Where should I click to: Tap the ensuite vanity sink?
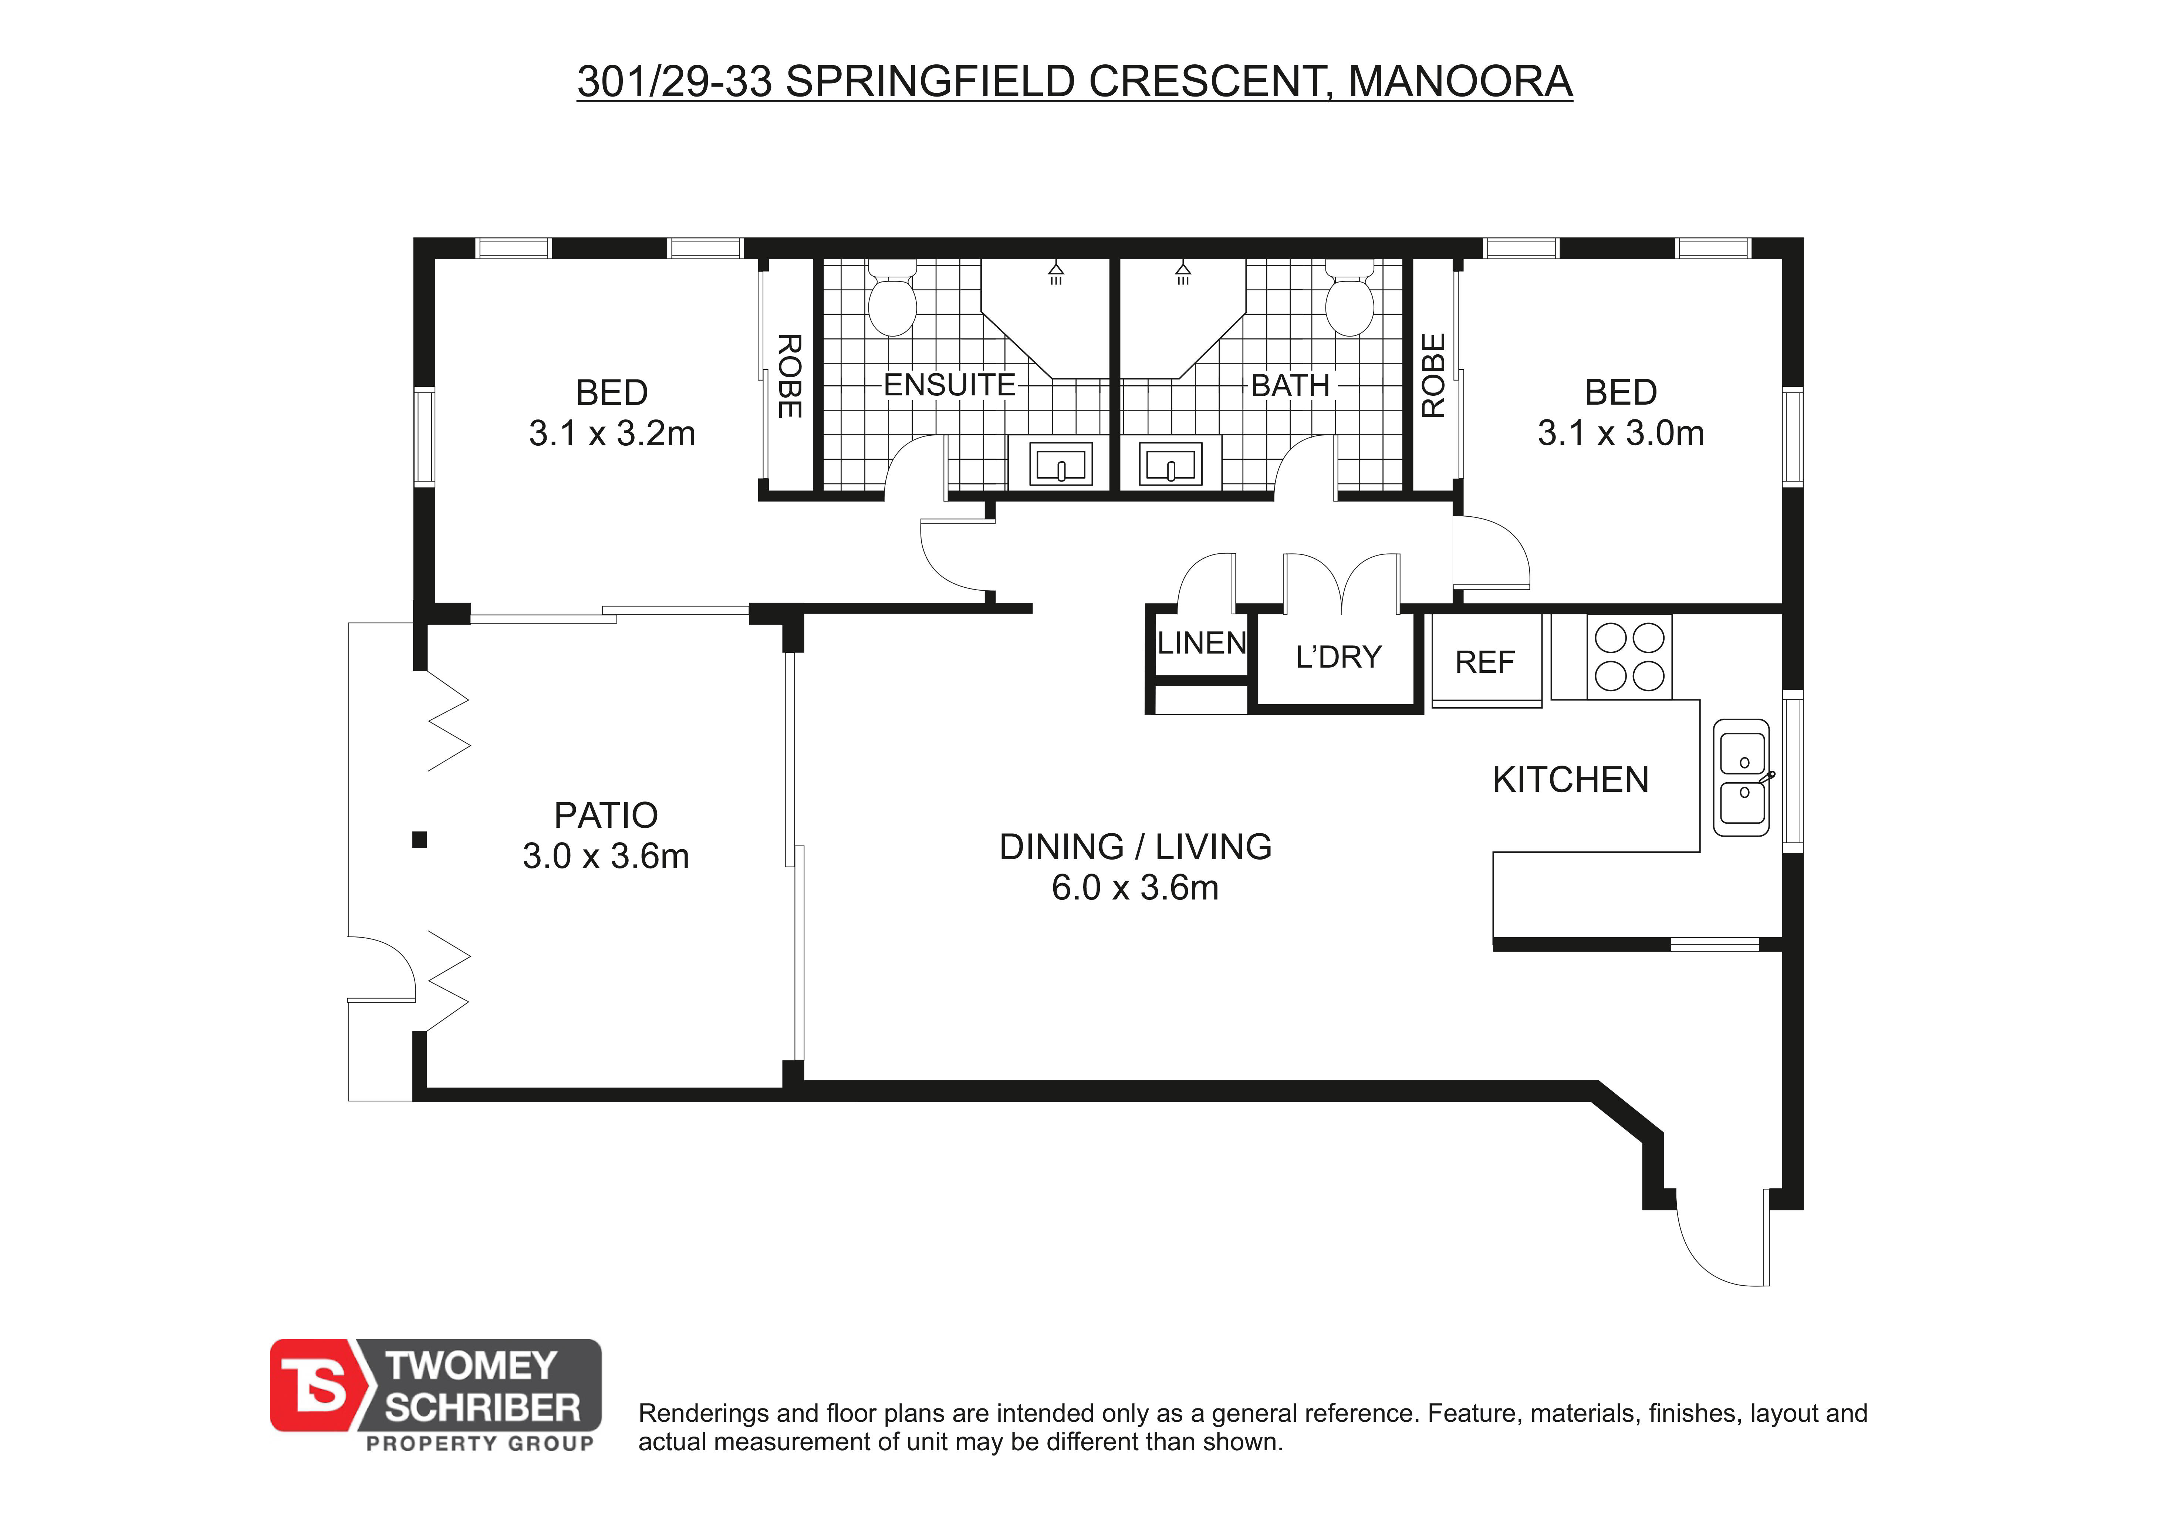[x=1061, y=463]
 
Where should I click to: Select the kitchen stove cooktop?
[x=1630, y=657]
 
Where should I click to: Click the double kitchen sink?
[x=1742, y=778]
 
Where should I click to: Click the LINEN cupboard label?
[x=1202, y=643]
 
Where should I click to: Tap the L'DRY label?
[x=1338, y=656]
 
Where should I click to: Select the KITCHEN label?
[x=1571, y=780]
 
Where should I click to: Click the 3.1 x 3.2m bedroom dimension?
[x=612, y=433]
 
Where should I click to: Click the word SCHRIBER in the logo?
[x=483, y=1408]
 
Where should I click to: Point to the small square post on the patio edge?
[x=420, y=840]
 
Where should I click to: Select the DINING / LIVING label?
[x=1136, y=846]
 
